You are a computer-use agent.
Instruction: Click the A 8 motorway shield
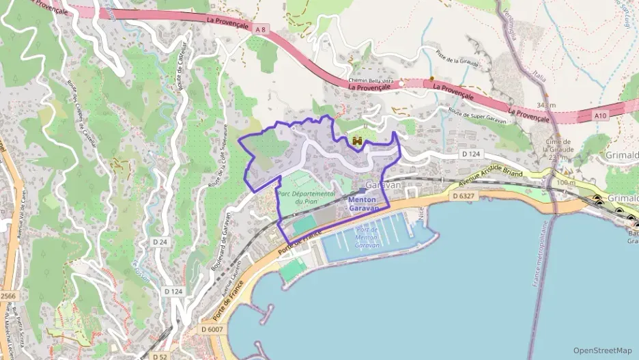pos(260,29)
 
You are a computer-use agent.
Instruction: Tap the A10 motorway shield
pos(600,116)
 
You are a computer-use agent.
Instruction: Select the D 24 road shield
pos(160,242)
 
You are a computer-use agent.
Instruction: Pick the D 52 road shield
pos(160,357)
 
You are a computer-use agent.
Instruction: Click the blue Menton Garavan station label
pos(363,203)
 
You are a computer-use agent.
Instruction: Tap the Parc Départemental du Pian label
pos(306,197)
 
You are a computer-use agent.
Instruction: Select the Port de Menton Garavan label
pos(368,236)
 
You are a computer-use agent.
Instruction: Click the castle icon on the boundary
pos(356,141)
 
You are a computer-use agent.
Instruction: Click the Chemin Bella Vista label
pos(373,80)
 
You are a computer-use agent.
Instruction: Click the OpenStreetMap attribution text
pos(602,350)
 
